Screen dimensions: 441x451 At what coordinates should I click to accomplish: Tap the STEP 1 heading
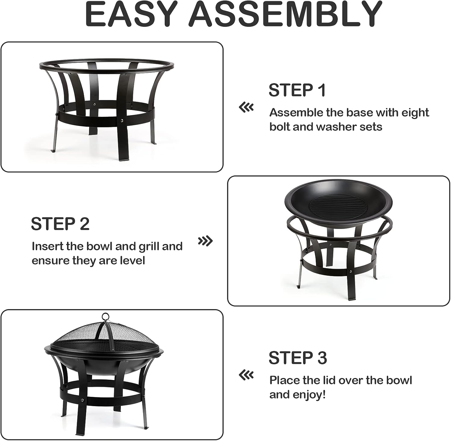[297, 90]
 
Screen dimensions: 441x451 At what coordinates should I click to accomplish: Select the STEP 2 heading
[60, 224]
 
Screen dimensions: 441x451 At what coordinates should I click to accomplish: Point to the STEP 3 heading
[298, 358]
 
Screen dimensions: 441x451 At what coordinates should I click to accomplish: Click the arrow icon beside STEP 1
[246, 107]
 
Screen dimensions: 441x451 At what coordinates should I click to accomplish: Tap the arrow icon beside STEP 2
[205, 241]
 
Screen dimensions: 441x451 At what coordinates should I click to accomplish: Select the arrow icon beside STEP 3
[246, 375]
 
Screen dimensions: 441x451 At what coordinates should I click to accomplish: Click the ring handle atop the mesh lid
[105, 317]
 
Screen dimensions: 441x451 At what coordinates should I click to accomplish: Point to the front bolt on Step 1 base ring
[121, 121]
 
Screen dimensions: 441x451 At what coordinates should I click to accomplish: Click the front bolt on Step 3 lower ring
[81, 400]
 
